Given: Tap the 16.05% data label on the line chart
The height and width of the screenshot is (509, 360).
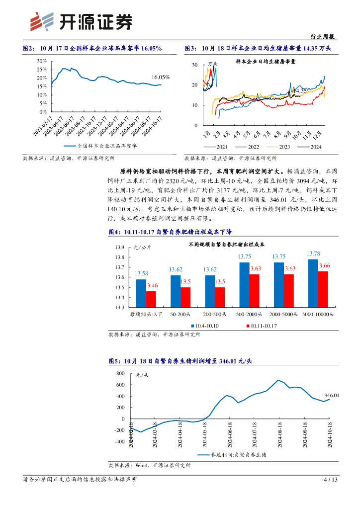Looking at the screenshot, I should (161, 77).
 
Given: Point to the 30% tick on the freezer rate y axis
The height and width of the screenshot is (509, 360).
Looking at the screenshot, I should (42, 61).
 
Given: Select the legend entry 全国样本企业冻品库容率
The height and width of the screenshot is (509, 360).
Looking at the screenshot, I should (107, 146).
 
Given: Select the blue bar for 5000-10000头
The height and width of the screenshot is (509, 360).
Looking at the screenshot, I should (313, 283).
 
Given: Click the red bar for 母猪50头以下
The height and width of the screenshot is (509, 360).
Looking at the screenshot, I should (151, 299).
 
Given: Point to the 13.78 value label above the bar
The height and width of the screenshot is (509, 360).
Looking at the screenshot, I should (313, 254).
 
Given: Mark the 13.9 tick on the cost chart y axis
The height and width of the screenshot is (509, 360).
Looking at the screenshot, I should (119, 248).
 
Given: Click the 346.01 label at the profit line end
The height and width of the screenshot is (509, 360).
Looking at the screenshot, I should (332, 396).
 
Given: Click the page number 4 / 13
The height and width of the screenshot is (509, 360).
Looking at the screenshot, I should (331, 480).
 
